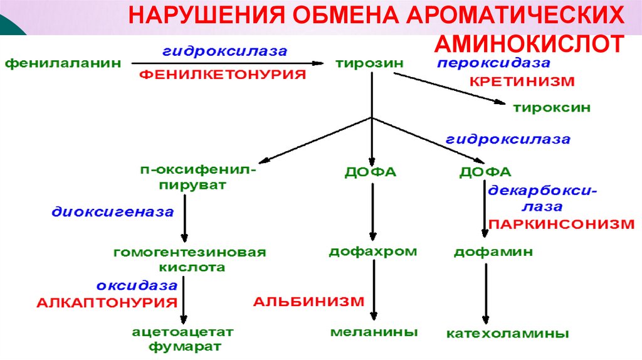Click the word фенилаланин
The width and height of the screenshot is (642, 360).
click(63, 63)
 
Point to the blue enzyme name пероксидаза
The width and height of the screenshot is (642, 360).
click(493, 63)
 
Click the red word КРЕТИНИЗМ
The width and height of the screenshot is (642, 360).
click(522, 82)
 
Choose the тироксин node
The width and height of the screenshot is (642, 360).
click(552, 107)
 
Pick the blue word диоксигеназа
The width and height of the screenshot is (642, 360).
click(112, 212)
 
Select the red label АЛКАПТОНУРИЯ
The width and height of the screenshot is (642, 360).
click(107, 302)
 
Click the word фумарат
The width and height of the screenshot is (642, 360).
click(184, 346)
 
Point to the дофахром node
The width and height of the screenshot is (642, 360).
click(373, 252)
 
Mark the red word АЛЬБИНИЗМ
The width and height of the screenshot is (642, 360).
click(308, 301)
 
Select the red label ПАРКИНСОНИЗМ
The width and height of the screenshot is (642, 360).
click(561, 224)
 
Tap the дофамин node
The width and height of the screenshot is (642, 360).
click(493, 252)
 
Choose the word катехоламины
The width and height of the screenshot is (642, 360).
click(508, 333)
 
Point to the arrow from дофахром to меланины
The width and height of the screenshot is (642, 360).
click(374, 289)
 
